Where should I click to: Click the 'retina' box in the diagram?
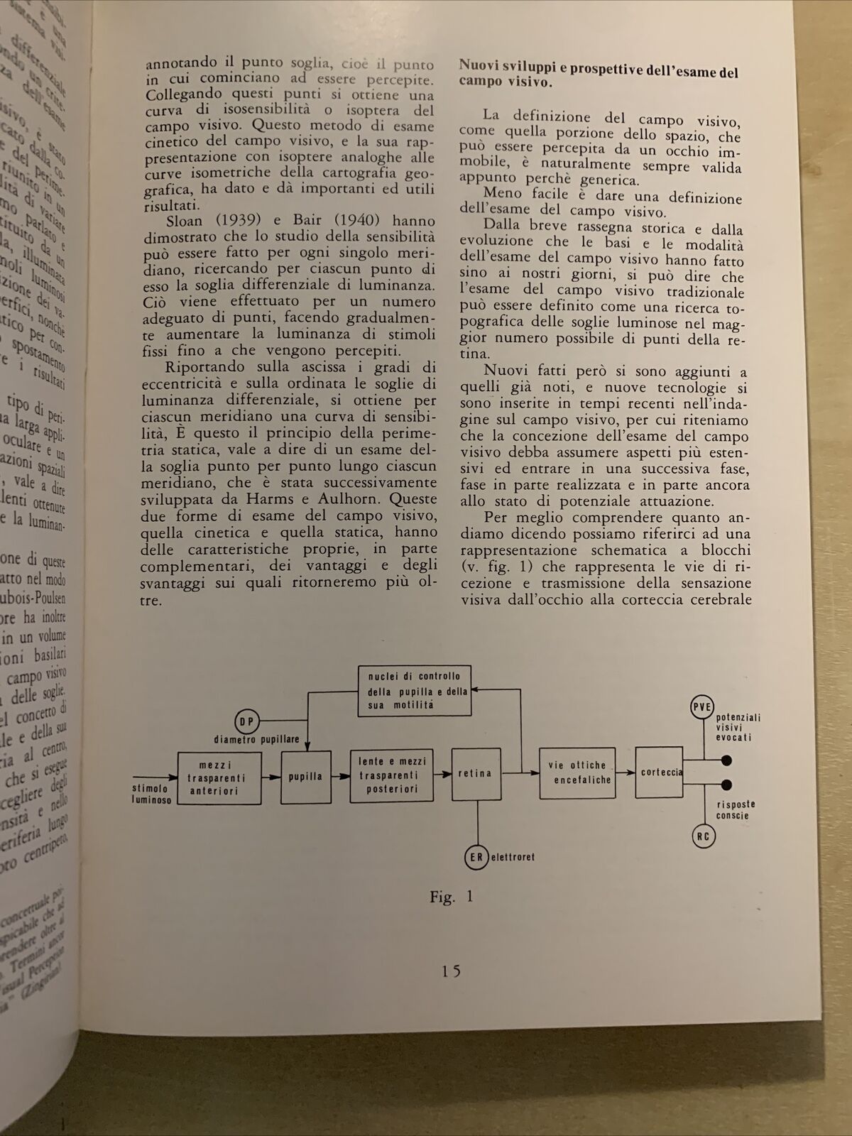coord(476,774)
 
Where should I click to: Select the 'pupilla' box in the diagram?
coord(306,777)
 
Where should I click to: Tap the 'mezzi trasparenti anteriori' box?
coord(219,779)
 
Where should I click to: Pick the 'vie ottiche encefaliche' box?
coord(577,772)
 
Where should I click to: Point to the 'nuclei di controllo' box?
coord(414,691)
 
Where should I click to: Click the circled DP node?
coord(247,722)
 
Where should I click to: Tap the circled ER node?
coord(476,857)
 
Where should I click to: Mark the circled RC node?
coord(703,836)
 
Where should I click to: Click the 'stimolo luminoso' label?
coord(151,794)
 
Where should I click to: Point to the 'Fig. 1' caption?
coord(451,897)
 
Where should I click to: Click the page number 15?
coord(451,971)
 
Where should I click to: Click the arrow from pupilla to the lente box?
coord(341,777)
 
